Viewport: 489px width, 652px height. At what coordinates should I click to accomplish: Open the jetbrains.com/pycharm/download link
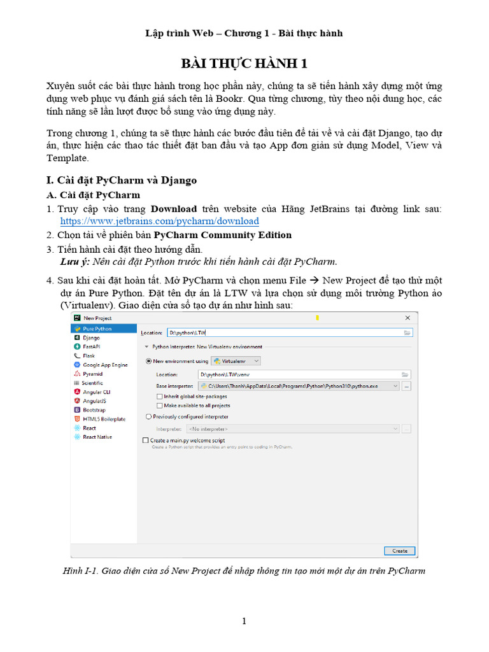click(x=159, y=221)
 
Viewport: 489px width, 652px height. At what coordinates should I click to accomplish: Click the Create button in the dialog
click(x=399, y=550)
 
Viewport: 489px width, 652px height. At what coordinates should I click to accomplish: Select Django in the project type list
click(x=91, y=337)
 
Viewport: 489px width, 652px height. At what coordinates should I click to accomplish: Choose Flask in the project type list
click(x=89, y=356)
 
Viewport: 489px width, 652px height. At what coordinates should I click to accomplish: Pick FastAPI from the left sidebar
click(x=91, y=346)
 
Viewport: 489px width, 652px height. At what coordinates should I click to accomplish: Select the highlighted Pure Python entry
click(x=97, y=329)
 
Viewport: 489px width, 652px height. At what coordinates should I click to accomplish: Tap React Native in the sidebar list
click(x=97, y=437)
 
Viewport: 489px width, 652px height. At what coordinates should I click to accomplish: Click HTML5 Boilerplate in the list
click(x=104, y=419)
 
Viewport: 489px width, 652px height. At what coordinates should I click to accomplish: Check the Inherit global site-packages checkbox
click(x=159, y=396)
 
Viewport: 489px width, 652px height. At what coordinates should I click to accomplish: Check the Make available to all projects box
click(x=159, y=405)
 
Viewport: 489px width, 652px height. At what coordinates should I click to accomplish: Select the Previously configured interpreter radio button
click(x=149, y=416)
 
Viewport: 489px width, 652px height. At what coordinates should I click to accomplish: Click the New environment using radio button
click(x=149, y=361)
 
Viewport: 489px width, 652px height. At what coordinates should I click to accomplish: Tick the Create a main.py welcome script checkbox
click(x=145, y=440)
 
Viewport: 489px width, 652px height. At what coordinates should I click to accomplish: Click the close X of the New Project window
click(x=407, y=317)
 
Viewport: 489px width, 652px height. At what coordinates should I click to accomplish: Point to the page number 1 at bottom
click(x=244, y=621)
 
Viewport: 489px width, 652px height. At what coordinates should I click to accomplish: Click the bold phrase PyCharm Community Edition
click(x=223, y=235)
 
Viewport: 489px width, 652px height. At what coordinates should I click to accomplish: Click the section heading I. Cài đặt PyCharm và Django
click(x=122, y=180)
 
